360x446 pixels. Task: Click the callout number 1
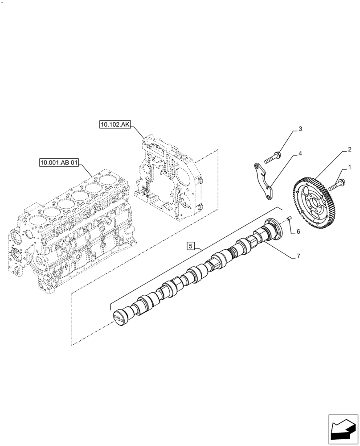point(349,168)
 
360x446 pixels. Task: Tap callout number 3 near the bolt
point(300,129)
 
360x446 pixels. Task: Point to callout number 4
point(300,153)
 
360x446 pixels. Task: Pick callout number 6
point(298,231)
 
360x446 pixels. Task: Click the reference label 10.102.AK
point(115,126)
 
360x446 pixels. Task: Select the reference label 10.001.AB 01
point(58,164)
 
